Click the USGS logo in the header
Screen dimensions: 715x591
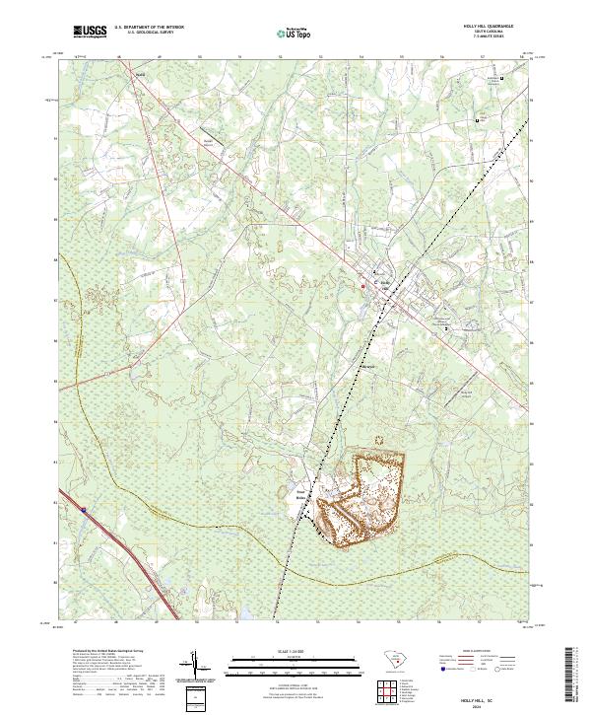coord(90,33)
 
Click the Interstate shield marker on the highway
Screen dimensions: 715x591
coord(85,510)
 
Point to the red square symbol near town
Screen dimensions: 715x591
coord(362,287)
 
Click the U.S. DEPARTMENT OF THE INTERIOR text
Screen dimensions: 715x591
coord(150,28)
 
